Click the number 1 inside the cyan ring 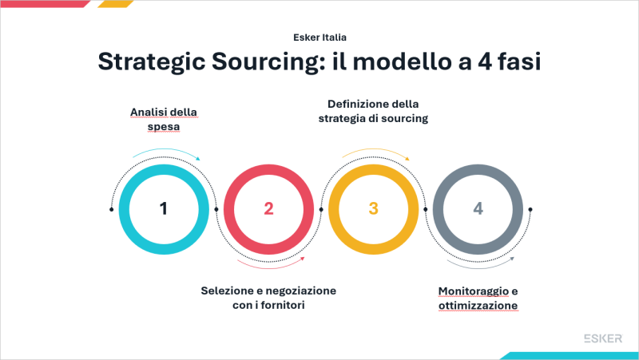pyautogui.click(x=164, y=209)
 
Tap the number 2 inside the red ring pyautogui.click(x=268, y=209)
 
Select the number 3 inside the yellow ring pyautogui.click(x=373, y=209)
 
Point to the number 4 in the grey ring pyautogui.click(x=478, y=209)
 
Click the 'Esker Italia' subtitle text pyautogui.click(x=319, y=37)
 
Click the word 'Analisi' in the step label pyautogui.click(x=147, y=111)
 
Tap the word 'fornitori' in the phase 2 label pyautogui.click(x=284, y=305)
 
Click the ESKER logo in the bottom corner pyautogui.click(x=604, y=338)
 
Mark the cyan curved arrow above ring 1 pyautogui.click(x=165, y=152)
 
